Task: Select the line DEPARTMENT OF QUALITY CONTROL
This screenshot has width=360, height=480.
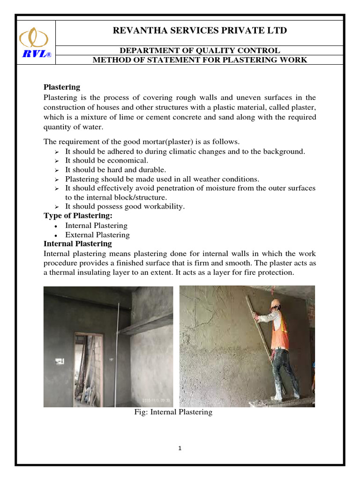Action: coord(200,50)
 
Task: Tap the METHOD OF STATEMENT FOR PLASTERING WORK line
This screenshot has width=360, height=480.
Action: coord(200,60)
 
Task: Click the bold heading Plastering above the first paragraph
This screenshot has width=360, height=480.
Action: coord(62,87)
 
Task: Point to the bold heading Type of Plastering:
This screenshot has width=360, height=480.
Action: coord(78,216)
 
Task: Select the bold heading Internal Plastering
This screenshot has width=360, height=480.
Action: coord(78,244)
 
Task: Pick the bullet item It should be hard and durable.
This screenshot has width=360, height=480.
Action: coord(115,170)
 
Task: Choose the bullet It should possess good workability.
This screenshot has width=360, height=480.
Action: coord(125,206)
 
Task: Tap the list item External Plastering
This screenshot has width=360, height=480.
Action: coord(97,235)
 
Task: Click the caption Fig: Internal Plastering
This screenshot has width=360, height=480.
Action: coord(173,412)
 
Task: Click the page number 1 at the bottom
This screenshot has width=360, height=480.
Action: coord(180,448)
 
